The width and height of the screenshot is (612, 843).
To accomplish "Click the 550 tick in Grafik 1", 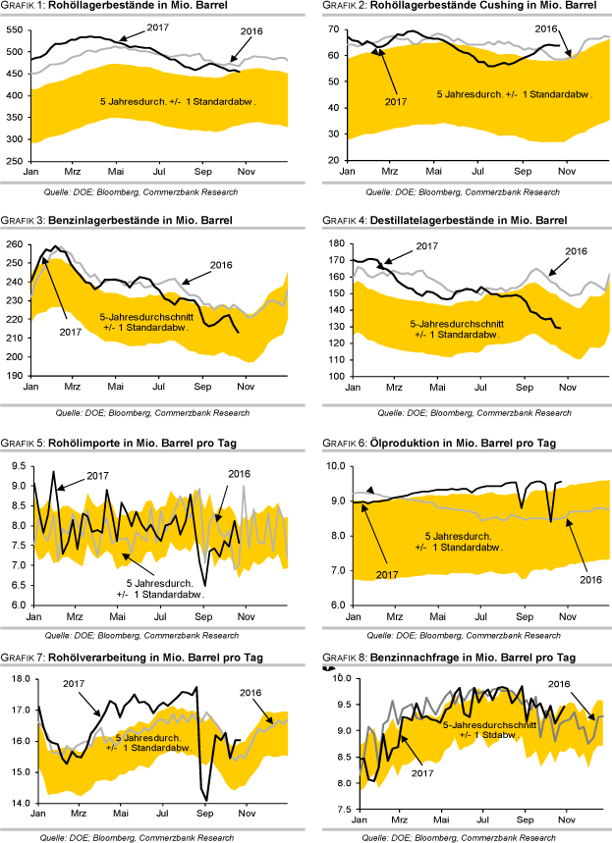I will click(x=14, y=29).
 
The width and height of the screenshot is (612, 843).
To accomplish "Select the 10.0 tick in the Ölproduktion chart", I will click(x=332, y=466).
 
